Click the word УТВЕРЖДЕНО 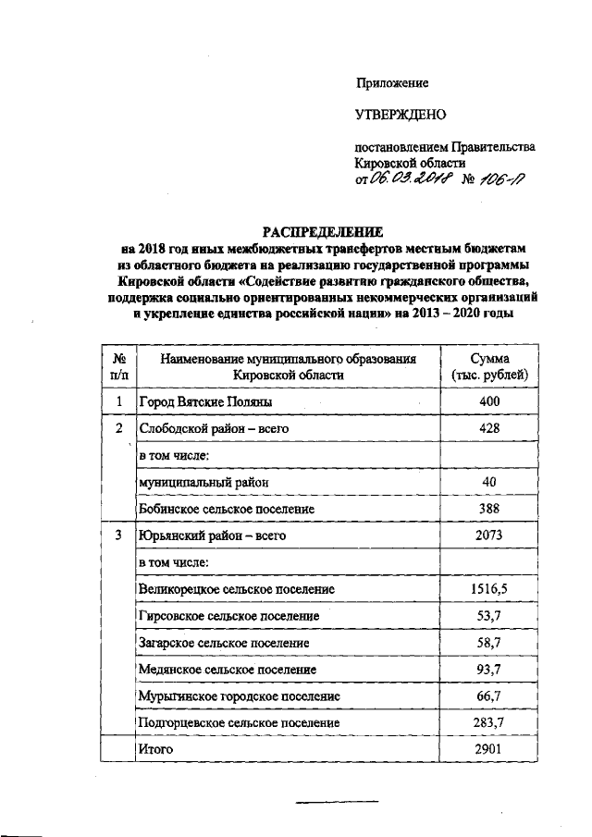(401, 115)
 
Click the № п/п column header (117, 367)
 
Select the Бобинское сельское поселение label (227, 509)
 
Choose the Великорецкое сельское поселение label (236, 589)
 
